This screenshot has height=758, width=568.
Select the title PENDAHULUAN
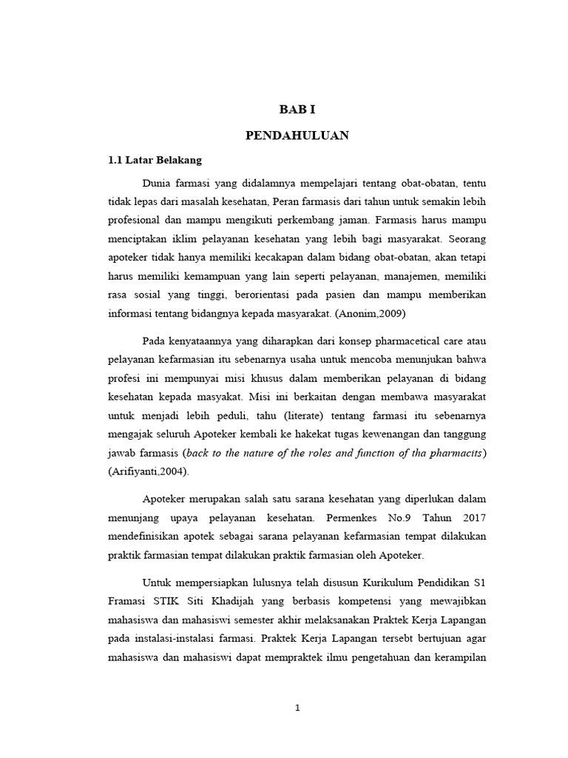[297, 135]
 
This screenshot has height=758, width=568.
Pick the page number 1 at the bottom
[297, 708]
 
